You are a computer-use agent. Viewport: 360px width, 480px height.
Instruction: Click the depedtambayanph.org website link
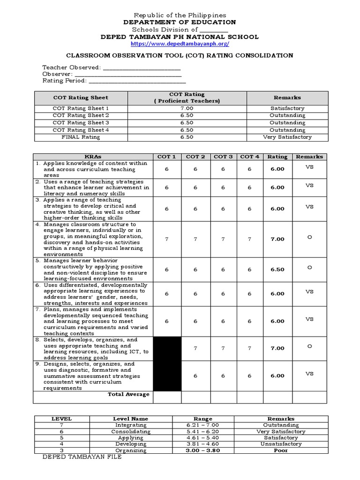(180, 44)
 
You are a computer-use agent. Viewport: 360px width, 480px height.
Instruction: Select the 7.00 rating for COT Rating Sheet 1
(187, 108)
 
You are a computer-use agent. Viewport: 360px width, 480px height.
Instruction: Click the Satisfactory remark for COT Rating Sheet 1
(287, 108)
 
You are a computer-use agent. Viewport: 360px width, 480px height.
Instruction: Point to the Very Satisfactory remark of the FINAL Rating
(287, 137)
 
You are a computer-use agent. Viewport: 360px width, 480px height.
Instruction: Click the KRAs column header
(93, 157)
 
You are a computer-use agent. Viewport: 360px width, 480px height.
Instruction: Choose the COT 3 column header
(223, 157)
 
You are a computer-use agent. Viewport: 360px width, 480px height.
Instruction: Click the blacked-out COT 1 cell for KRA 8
(167, 348)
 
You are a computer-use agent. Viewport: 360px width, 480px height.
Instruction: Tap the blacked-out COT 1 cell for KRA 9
(167, 375)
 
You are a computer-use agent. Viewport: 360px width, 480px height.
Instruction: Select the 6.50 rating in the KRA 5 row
(277, 270)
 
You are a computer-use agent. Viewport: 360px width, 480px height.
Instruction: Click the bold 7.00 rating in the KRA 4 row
(277, 239)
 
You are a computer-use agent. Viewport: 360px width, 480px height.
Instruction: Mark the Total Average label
(128, 394)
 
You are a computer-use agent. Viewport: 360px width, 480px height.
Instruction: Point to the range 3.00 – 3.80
(202, 450)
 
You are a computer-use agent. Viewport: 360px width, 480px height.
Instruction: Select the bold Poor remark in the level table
(281, 450)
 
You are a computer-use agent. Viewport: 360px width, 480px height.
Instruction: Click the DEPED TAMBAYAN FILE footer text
(82, 457)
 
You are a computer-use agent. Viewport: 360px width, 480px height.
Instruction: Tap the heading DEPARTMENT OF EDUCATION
(180, 22)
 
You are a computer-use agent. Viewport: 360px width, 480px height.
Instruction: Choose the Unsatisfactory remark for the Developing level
(281, 444)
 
